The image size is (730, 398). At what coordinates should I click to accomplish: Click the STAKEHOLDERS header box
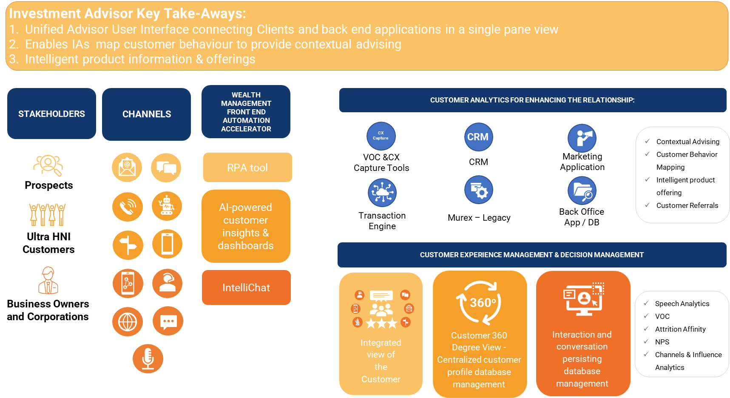(x=51, y=114)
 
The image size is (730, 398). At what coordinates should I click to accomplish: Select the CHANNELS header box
(x=146, y=114)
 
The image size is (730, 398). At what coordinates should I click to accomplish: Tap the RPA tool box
(x=247, y=168)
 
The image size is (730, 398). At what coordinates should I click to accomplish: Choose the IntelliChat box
(x=246, y=287)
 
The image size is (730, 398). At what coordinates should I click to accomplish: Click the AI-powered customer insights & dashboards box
(x=246, y=226)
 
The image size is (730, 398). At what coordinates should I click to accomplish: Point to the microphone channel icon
(x=148, y=358)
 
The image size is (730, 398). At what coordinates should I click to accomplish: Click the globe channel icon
(x=128, y=321)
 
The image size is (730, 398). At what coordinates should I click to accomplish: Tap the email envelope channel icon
(x=127, y=167)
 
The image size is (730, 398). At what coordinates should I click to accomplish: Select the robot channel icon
(x=167, y=206)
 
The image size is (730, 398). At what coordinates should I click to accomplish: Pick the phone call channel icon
(x=128, y=207)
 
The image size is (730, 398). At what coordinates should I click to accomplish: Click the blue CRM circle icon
(x=478, y=137)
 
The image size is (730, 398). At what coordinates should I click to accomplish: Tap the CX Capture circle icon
(x=381, y=136)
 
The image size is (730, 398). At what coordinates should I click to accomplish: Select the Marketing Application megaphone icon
(x=582, y=138)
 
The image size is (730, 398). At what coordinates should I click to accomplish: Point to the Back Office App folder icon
(x=582, y=191)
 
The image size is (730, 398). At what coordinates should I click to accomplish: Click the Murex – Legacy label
(x=479, y=218)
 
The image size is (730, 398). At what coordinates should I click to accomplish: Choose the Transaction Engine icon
(x=382, y=193)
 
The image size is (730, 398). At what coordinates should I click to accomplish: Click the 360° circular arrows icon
(x=480, y=302)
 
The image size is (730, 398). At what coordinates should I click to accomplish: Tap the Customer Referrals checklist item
(x=687, y=205)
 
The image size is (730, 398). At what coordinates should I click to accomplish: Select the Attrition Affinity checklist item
(x=680, y=329)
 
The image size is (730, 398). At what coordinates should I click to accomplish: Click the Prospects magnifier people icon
(x=48, y=165)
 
